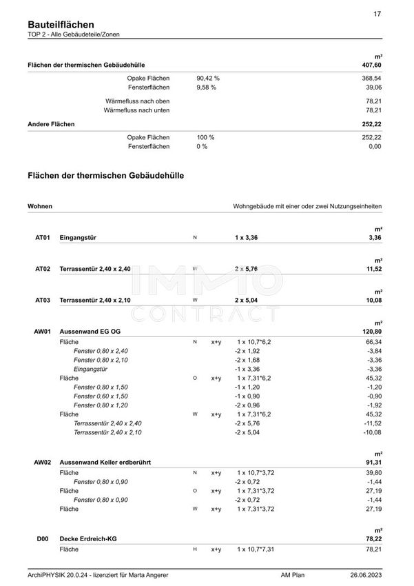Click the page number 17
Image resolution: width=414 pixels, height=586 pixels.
[377, 14]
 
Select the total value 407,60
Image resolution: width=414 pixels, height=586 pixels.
[371, 65]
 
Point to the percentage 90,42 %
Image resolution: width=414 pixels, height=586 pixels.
[207, 79]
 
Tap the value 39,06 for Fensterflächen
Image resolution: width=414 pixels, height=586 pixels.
[373, 88]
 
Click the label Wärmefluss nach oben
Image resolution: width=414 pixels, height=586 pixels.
[136, 101]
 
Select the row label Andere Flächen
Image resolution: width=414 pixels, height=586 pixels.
[52, 124]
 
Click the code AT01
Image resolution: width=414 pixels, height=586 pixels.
[43, 238]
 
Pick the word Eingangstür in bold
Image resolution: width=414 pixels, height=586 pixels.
[78, 238]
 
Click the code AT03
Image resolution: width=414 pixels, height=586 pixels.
[43, 301]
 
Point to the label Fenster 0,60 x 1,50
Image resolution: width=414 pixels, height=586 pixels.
[101, 396]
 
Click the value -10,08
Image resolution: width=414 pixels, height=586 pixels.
[371, 432]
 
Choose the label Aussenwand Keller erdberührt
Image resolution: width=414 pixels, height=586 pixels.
[105, 461]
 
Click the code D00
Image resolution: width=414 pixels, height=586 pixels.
[43, 539]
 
